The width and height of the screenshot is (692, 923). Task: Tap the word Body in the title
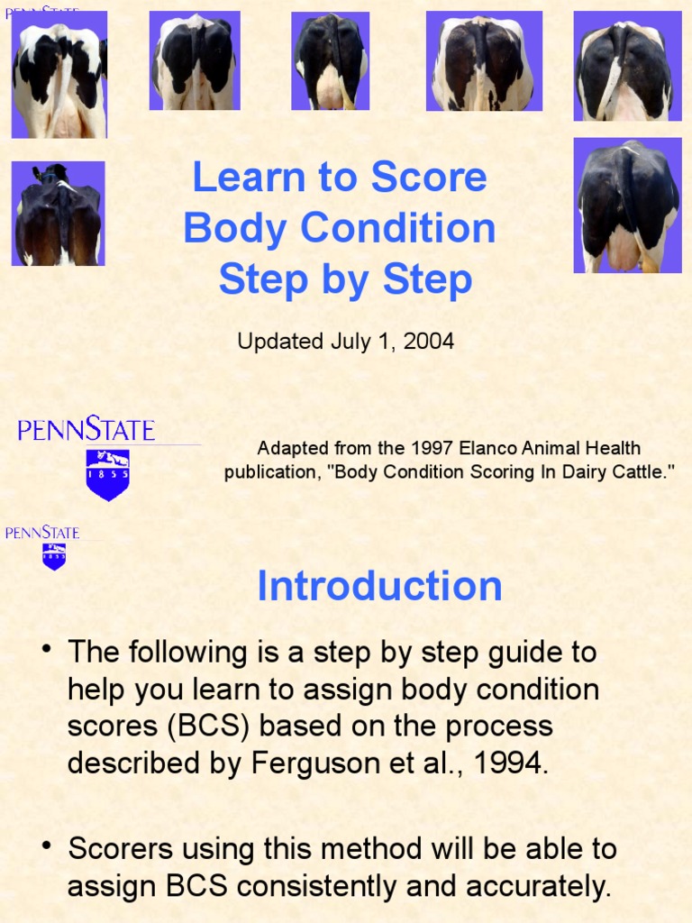(234, 229)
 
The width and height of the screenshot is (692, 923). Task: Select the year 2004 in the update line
(428, 342)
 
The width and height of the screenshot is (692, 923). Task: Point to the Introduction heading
(379, 586)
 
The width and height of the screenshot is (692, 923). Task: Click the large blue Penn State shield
(108, 474)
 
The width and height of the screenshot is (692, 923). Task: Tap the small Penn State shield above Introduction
(54, 556)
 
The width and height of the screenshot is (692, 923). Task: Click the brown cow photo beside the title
(59, 214)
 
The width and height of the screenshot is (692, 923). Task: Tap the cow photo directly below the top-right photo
(627, 206)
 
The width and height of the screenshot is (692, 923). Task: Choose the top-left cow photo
(59, 75)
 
